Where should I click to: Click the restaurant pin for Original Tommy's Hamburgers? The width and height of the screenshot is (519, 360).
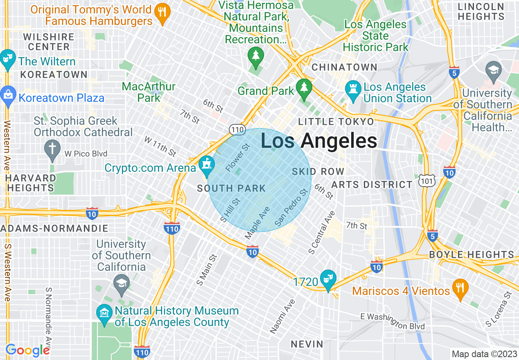163,15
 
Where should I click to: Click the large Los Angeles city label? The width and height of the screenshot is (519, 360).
319,141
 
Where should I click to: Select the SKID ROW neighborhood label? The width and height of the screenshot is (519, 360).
318,171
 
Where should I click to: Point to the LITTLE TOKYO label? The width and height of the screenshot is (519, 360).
336,122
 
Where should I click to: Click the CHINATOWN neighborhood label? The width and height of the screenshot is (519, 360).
344,67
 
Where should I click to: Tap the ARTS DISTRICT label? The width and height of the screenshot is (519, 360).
372,184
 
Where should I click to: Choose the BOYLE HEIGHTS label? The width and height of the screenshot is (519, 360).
472,254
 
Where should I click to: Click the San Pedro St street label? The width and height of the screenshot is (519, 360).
291,208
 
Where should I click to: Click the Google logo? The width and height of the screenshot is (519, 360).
27,350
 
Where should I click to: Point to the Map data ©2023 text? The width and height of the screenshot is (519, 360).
484,354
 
